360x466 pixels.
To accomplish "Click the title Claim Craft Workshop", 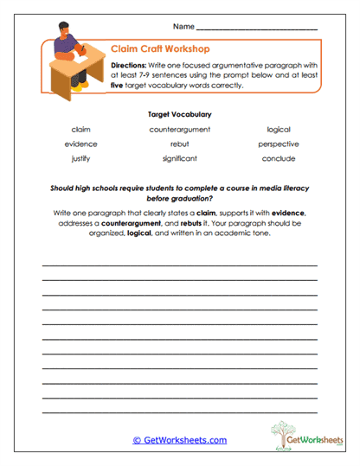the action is tap(160, 49).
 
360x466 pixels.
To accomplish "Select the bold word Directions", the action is tap(133, 64).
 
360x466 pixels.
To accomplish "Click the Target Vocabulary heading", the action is tap(180, 113).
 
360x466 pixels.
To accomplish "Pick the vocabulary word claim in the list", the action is tap(81, 130).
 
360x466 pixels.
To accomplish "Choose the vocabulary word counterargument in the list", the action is tap(180, 130).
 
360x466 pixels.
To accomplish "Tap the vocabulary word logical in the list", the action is tap(279, 130).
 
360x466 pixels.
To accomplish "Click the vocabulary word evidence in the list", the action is tap(81, 144).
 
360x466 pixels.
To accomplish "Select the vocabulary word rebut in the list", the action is tap(180, 144).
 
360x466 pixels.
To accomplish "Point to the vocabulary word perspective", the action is tap(279, 144).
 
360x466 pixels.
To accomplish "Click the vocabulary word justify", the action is tap(81, 159).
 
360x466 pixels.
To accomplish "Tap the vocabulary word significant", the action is tap(180, 159).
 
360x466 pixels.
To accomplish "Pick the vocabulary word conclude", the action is tap(279, 159).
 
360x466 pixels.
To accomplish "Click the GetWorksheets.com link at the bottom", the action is tap(180, 440).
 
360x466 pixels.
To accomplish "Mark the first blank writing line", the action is tap(180, 265).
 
